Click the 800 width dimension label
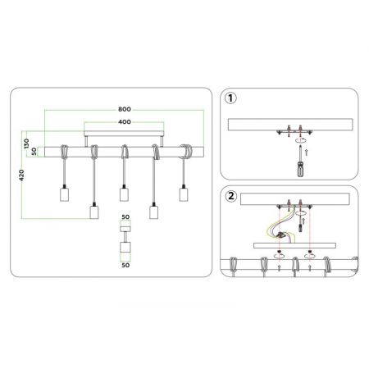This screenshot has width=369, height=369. tap(125, 109)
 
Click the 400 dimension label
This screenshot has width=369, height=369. tap(125, 122)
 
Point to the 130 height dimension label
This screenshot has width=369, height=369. tap(26, 143)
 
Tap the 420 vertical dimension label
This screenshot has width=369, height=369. tap(21, 175)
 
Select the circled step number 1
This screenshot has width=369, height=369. tap(230, 98)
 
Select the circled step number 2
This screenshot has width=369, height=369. tap(231, 196)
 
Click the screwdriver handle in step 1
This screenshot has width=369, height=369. tap(300, 170)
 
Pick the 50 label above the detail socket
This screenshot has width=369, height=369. tap(125, 217)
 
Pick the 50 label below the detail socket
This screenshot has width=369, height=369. tap(125, 265)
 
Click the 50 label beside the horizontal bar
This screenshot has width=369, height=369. tap(34, 152)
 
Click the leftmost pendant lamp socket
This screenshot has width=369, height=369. tap(64, 194)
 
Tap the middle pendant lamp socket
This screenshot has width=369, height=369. tap(124, 194)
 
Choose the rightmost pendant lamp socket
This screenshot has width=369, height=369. tap(184, 194)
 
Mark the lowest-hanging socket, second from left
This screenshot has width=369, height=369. tap(94, 211)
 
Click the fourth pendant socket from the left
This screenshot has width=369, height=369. tap(154, 211)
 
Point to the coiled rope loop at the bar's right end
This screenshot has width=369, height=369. tap(186, 152)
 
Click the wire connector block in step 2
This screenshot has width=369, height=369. tap(281, 235)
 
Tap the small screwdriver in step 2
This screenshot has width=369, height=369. tap(301, 225)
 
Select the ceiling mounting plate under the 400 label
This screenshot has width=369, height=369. tap(124, 134)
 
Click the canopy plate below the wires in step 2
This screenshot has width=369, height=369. tap(294, 246)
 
